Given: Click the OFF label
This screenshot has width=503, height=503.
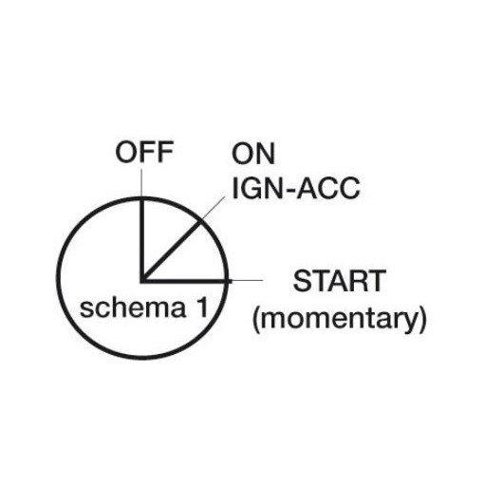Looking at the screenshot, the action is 144,152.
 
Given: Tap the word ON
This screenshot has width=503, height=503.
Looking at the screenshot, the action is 253,154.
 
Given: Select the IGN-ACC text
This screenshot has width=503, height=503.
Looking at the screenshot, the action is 296,188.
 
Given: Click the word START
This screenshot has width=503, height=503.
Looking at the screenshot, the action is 340,281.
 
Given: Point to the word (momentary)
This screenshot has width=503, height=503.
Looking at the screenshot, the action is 340,320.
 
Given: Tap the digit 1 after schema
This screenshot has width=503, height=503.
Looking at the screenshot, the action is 203,307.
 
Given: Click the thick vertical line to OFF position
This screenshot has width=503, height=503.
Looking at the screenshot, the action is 141,240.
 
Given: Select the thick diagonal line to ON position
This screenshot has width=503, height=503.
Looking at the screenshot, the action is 171,251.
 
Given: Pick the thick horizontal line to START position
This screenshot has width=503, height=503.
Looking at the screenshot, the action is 185,281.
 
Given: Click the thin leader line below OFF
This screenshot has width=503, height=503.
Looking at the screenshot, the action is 141,183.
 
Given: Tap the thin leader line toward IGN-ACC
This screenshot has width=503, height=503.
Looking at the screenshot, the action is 213,209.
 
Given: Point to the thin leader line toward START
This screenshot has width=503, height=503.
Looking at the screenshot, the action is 246,280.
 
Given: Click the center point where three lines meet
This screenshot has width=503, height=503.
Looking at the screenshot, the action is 142,281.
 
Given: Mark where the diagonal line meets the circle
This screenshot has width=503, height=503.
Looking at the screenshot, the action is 200,222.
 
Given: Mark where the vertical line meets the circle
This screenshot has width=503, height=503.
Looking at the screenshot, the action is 141,198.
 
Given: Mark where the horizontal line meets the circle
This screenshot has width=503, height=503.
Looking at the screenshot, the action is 228,281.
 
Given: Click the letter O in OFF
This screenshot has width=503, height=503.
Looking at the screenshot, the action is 125,152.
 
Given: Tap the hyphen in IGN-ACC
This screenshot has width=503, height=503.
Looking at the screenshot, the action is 289,191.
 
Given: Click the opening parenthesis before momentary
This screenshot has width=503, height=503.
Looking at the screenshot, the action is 255,320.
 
